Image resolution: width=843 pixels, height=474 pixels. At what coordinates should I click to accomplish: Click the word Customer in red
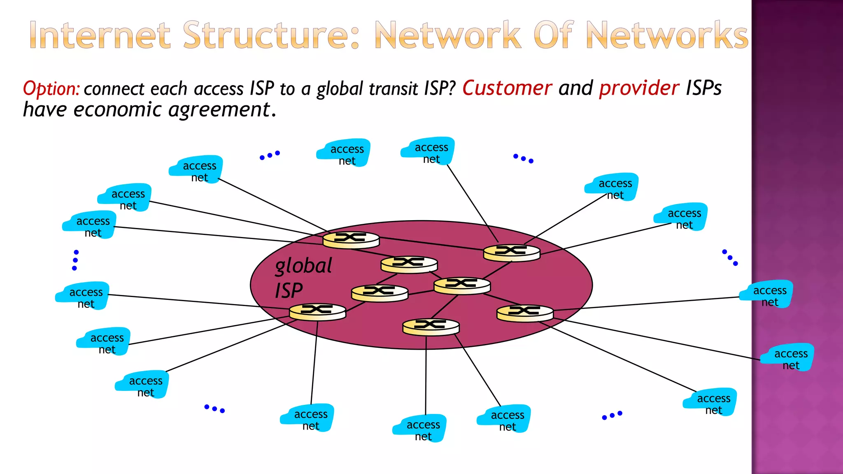pos(507,88)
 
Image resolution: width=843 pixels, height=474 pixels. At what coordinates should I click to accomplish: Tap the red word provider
pos(639,88)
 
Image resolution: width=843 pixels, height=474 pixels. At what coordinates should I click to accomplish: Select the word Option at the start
pos(51,89)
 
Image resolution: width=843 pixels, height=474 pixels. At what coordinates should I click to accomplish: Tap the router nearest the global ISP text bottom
pos(317,312)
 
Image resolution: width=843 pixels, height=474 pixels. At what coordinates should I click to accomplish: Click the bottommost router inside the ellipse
pos(431,327)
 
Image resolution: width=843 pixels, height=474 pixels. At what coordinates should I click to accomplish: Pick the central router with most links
pos(462,285)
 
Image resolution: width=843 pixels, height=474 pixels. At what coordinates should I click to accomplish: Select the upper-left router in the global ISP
pos(351,239)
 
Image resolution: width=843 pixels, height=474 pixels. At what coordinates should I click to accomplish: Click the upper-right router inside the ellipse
pos(511,253)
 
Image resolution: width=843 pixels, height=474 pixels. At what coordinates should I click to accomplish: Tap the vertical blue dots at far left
pos(75,260)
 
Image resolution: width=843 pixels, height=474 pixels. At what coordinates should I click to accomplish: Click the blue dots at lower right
pos(612,415)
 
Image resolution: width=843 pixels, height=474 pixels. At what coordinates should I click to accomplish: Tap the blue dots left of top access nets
pos(270,155)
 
